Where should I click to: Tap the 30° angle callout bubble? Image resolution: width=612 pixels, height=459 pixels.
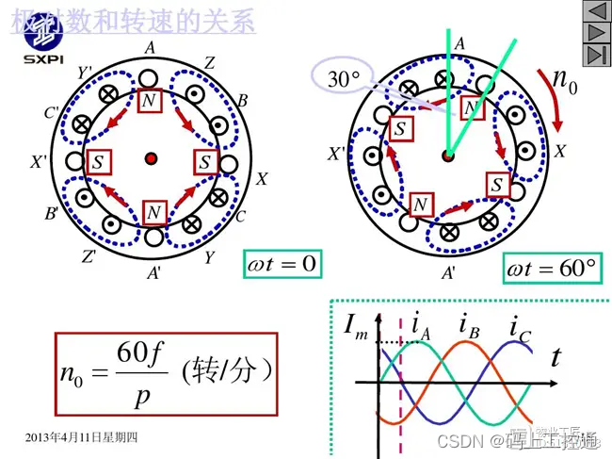pos(342,80)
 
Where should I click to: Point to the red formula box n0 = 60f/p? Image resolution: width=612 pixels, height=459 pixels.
pos(168,371)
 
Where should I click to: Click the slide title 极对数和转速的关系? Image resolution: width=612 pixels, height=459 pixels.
pos(131,21)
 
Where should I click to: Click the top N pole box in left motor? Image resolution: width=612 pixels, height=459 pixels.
pos(152,100)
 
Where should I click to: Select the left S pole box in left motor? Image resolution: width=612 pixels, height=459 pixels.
pos(97,161)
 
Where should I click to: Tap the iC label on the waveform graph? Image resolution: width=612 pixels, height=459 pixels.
pos(519,329)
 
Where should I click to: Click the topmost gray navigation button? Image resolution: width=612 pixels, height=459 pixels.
pos(595,12)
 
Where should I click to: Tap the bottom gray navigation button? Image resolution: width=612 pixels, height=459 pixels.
pos(595,55)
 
